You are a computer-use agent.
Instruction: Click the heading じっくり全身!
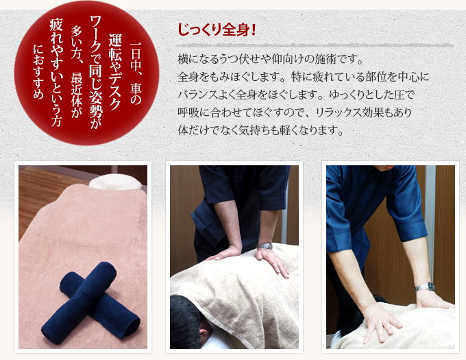tap(217, 30)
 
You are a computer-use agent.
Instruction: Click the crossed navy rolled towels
tap(88, 303)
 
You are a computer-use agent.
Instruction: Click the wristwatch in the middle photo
tap(265, 245)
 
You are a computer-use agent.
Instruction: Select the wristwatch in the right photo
tap(425, 287)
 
